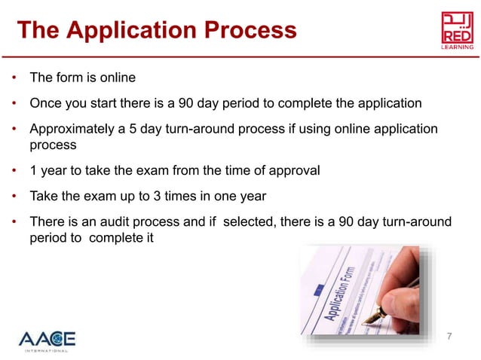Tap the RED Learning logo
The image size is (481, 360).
(x=457, y=29)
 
